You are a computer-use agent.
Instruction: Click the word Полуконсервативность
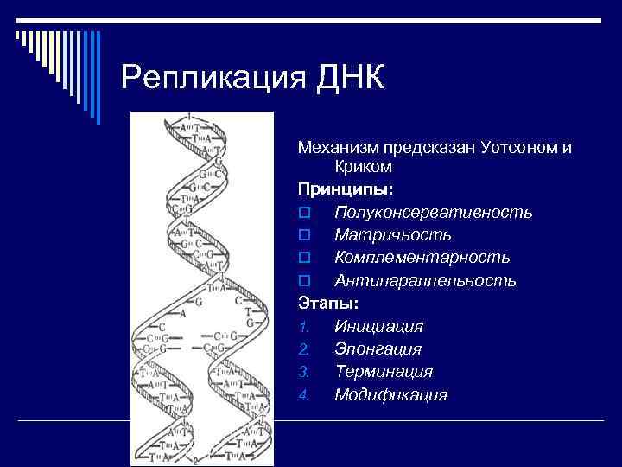(x=434, y=212)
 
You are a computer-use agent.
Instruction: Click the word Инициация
(x=378, y=327)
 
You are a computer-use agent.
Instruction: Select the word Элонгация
(x=378, y=349)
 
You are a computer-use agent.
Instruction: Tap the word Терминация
(x=383, y=372)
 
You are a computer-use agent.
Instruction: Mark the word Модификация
(x=390, y=395)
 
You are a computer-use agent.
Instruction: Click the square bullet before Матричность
(x=303, y=235)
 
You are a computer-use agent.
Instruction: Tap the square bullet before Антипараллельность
(x=303, y=281)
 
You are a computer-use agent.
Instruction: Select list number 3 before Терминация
(x=303, y=373)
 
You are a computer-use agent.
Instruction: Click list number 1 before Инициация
(x=303, y=328)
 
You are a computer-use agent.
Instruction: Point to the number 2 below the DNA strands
(x=196, y=460)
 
